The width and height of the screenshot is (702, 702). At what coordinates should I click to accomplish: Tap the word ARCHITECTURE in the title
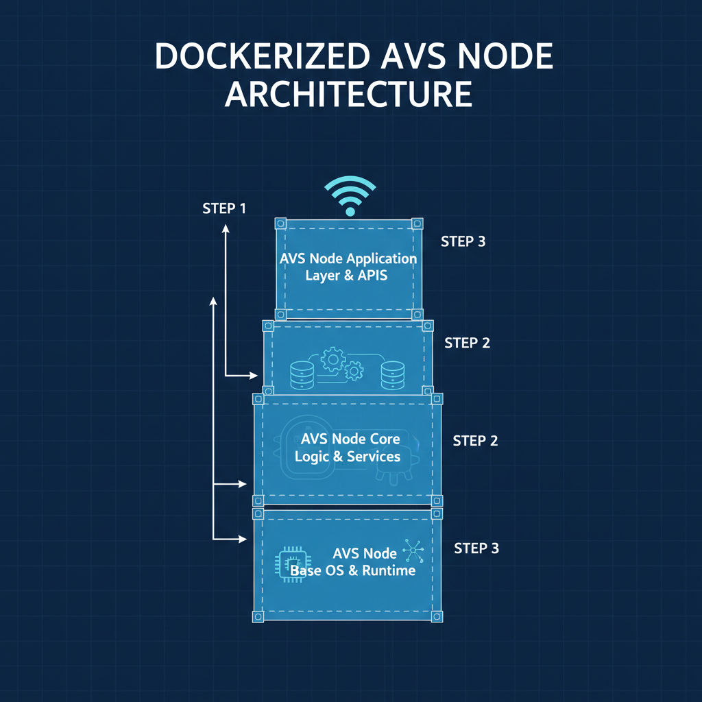pyautogui.click(x=349, y=94)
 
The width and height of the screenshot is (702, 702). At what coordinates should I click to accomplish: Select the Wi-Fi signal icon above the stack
pyautogui.click(x=350, y=195)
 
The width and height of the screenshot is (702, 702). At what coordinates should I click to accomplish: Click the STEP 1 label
pyautogui.click(x=224, y=208)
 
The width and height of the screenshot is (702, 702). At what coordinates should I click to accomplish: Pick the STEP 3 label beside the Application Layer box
pyautogui.click(x=463, y=241)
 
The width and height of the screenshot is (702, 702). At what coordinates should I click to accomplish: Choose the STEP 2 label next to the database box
pyautogui.click(x=467, y=343)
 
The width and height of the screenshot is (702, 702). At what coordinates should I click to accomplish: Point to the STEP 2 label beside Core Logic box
pyautogui.click(x=475, y=441)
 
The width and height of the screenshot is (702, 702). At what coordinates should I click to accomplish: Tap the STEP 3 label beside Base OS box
pyautogui.click(x=476, y=548)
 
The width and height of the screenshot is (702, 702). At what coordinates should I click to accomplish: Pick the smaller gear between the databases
pyautogui.click(x=354, y=372)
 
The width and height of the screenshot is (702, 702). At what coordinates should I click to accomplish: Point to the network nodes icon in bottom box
pyautogui.click(x=413, y=549)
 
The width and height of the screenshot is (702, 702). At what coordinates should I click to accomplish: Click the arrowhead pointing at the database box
pyautogui.click(x=254, y=375)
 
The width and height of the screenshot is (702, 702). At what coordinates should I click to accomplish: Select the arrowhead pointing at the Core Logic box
pyautogui.click(x=242, y=484)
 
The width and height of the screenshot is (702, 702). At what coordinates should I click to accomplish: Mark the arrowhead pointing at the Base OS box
pyautogui.click(x=242, y=539)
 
